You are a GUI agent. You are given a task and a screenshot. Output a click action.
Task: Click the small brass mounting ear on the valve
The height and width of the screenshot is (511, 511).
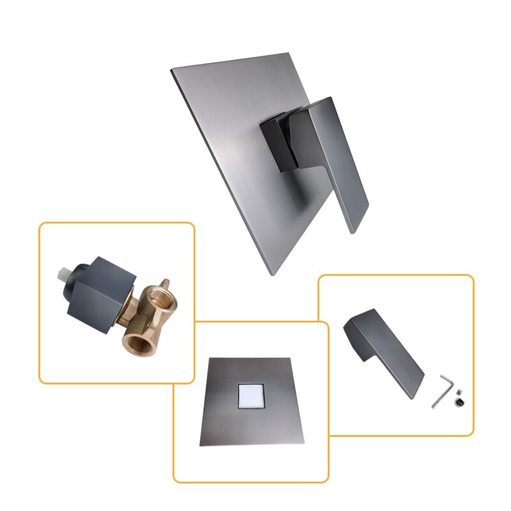point(165,283)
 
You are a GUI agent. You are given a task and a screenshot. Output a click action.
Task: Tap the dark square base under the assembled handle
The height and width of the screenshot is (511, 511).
point(278,144)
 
